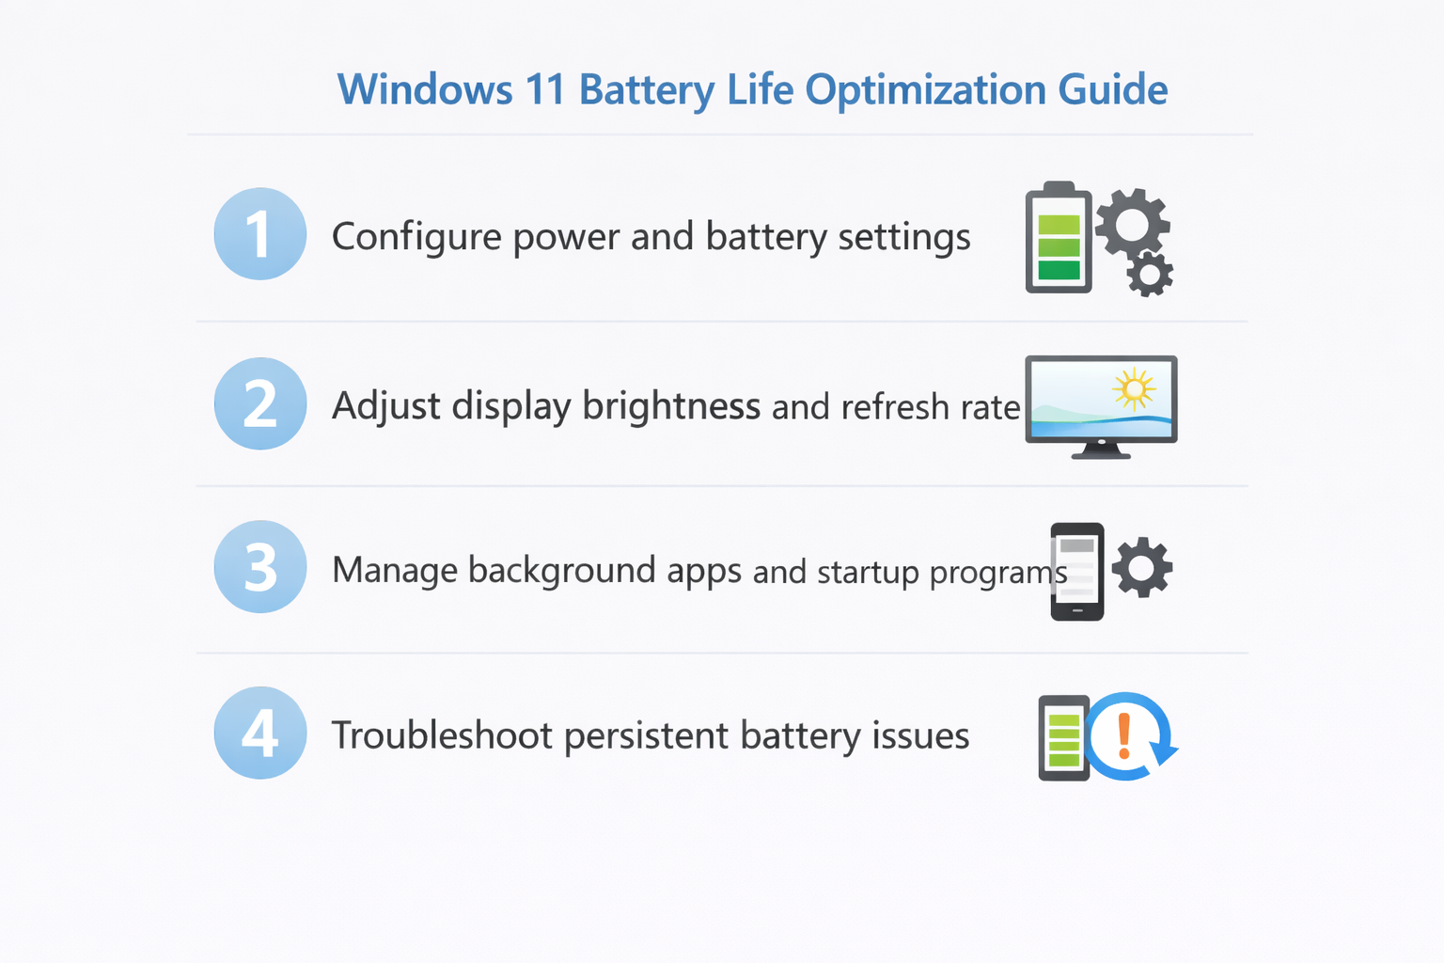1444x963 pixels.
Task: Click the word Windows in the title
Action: coord(425,88)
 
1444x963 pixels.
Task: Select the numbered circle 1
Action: coord(260,233)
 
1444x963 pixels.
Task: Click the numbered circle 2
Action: coord(260,403)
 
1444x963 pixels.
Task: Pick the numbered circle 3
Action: coord(260,566)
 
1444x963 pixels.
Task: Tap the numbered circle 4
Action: coord(260,732)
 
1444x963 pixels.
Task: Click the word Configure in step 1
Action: coord(416,237)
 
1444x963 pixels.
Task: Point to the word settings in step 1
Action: coord(904,237)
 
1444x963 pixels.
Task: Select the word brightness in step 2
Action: coord(671,405)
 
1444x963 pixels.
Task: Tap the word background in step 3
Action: coord(561,571)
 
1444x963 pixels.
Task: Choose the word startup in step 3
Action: coord(868,573)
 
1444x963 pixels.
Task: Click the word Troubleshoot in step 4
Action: coord(442,735)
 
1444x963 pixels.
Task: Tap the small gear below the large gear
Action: coord(1150,274)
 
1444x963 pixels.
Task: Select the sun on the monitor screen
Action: coord(1134,389)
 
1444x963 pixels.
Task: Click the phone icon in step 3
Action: coord(1077,572)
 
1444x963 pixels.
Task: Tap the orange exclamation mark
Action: coord(1124,736)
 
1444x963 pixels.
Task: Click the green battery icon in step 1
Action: coord(1059,237)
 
